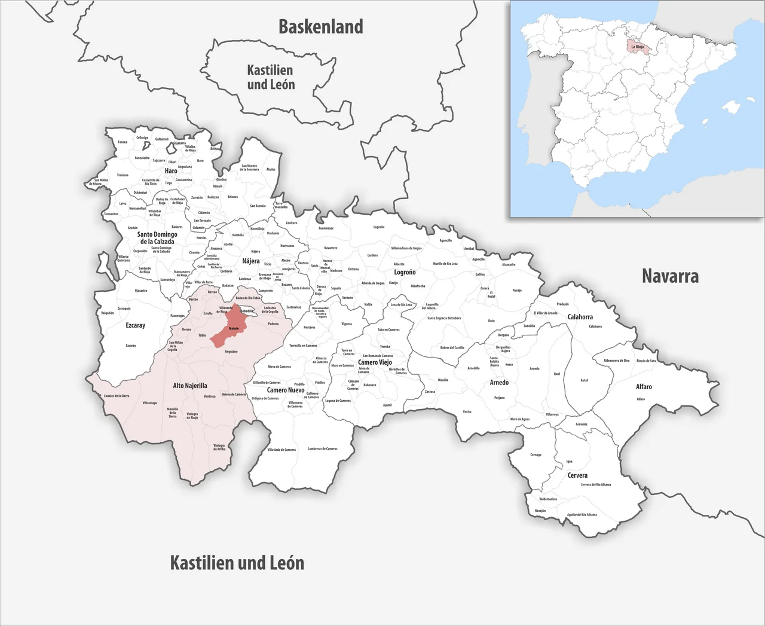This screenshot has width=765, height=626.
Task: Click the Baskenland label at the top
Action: (321, 27)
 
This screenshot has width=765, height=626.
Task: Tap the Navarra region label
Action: (670, 276)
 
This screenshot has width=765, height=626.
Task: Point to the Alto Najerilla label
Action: (190, 386)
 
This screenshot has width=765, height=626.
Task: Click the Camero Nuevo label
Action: (286, 390)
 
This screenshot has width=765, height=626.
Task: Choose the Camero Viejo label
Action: (375, 362)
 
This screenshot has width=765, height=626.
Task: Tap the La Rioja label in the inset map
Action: (637, 46)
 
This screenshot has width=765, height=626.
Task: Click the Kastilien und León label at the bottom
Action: (237, 563)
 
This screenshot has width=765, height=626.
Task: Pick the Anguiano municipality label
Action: (231, 352)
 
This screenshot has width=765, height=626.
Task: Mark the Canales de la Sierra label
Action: (117, 396)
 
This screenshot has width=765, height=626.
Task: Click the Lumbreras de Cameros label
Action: (323, 448)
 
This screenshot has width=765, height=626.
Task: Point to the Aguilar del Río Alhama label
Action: (582, 514)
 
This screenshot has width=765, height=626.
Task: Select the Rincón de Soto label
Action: (646, 361)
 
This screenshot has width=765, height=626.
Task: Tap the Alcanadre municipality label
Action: (509, 264)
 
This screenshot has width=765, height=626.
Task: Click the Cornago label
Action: (535, 454)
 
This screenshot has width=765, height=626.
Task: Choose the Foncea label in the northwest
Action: (123, 142)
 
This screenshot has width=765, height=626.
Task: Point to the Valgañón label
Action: (108, 313)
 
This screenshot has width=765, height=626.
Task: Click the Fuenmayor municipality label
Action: (326, 228)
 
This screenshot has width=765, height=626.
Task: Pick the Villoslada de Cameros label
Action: (281, 450)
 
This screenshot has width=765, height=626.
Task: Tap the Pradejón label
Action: (562, 304)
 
